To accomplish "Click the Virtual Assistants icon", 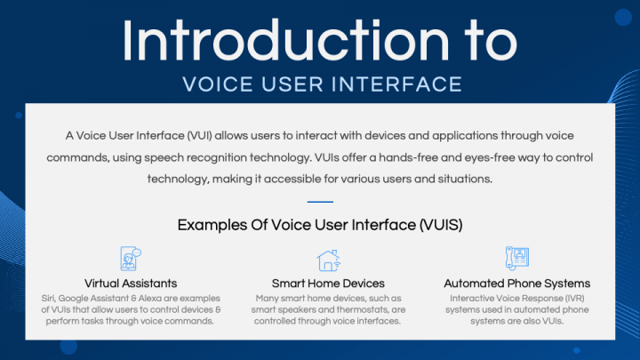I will click(131, 259).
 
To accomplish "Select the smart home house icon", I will click(328, 260).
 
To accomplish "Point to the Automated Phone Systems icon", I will click(516, 259).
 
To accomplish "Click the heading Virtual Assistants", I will click(131, 284).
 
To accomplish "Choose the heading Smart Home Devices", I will click(328, 284).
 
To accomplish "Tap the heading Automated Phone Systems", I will click(516, 284).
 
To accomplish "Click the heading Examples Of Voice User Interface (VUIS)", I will click(320, 225).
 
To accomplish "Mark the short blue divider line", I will click(320, 202).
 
